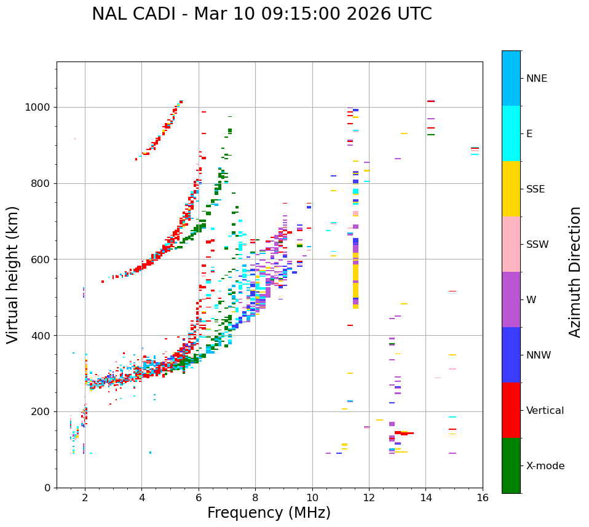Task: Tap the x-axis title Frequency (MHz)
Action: coord(269,513)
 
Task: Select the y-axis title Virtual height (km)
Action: coord(13,274)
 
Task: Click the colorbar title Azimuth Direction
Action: coord(575,272)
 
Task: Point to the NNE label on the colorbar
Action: coord(536,79)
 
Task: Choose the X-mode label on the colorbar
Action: coord(545,466)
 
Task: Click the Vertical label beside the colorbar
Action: coord(545,411)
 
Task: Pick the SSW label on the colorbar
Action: coord(537,245)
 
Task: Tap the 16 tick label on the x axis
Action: coord(483,498)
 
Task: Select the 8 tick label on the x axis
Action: coord(255,498)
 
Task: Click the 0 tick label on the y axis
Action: coord(47,488)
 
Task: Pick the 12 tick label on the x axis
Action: coord(369,498)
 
